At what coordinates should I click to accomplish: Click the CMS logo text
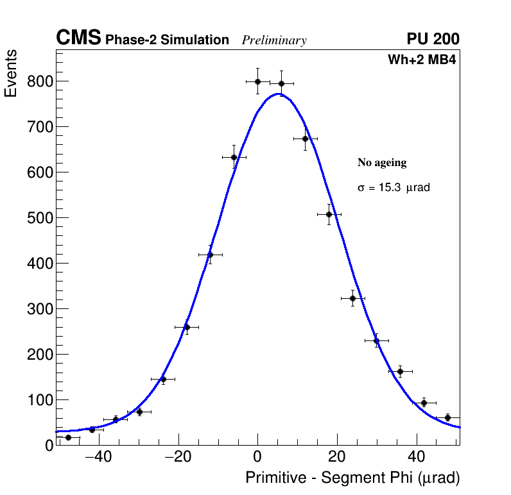point(78,38)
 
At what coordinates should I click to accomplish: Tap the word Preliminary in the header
point(274,40)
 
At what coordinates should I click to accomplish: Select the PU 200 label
point(433,39)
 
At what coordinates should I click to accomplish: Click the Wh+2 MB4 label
point(421,60)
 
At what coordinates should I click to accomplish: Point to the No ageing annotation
point(382,163)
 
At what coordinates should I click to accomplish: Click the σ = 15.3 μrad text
point(393,188)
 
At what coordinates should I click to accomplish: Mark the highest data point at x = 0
point(257,81)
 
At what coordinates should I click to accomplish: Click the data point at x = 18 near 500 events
point(329,214)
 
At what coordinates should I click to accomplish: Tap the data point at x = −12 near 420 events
point(210,255)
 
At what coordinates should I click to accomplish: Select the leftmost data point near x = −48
point(68,437)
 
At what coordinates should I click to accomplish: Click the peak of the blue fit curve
point(279,94)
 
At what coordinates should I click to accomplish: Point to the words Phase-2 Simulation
point(167,40)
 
